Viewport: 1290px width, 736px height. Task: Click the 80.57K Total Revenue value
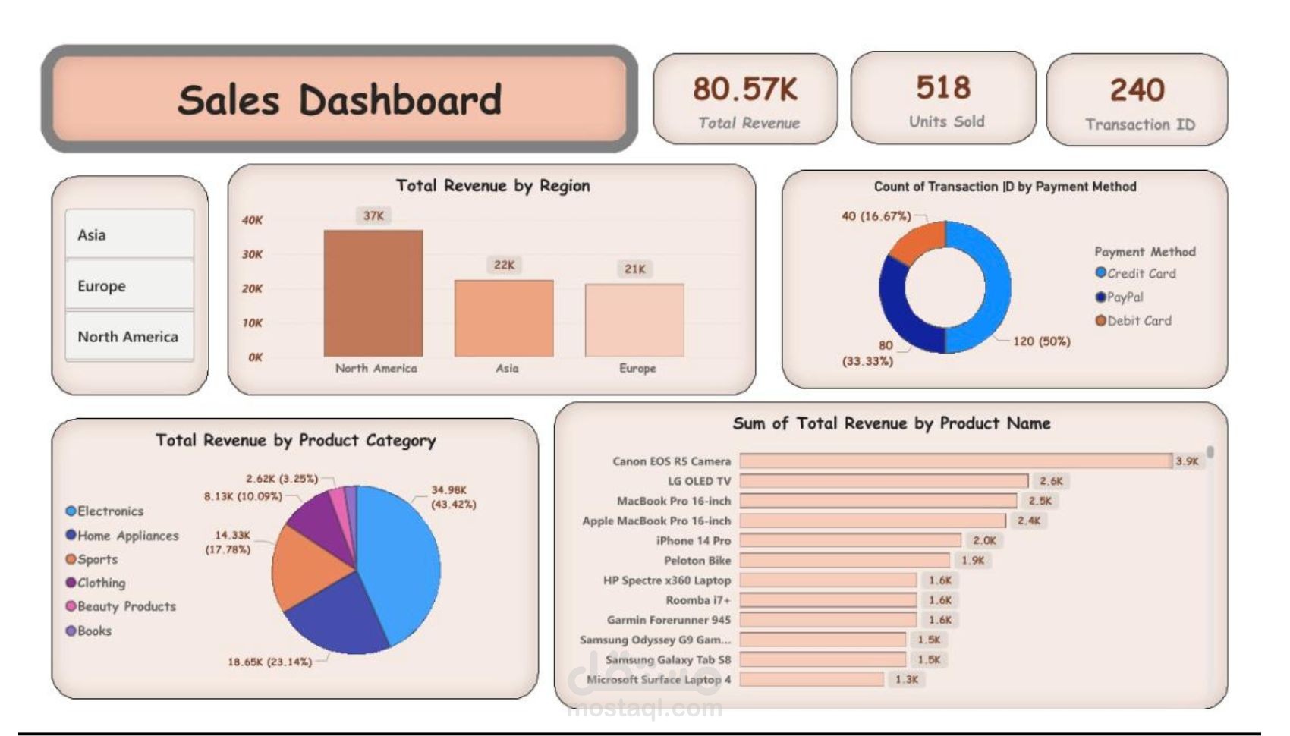coord(745,90)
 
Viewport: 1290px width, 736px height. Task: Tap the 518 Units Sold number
coord(943,88)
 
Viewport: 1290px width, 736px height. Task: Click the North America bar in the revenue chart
coord(373,294)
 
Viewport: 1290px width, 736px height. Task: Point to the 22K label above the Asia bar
coord(504,265)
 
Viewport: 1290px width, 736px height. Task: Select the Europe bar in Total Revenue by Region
coord(634,320)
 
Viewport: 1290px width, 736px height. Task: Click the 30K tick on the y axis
coord(252,254)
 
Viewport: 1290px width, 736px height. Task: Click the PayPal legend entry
coord(1124,297)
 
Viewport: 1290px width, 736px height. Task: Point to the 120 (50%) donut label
coord(1041,341)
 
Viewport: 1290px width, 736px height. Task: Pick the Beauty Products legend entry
coord(125,606)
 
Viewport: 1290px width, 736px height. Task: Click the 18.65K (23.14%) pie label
coord(269,662)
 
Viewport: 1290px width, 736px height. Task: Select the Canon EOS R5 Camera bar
coord(955,461)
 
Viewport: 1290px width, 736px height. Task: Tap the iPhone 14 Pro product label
coord(693,541)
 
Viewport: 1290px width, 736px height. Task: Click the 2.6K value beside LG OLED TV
coord(1051,481)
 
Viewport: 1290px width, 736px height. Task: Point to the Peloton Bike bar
coord(845,561)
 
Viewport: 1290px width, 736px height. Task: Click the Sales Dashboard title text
coord(339,100)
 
